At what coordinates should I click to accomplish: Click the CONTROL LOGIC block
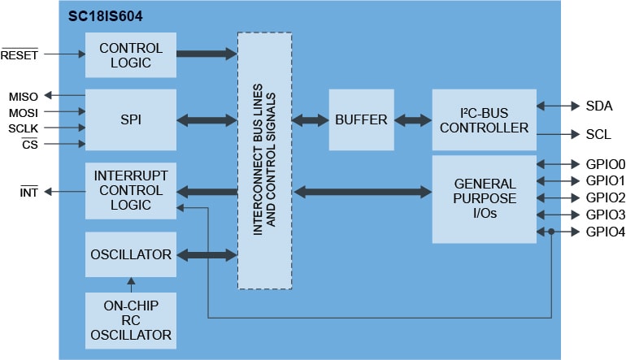pos(130,55)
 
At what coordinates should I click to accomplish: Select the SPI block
pos(130,119)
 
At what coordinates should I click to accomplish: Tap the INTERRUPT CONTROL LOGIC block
pos(130,191)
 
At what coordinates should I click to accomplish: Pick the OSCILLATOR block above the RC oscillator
pos(130,254)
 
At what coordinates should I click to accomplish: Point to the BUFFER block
pos(361,119)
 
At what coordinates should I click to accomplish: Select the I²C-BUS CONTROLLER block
pos(484,119)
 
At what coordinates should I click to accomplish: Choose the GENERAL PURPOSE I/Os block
pos(484,199)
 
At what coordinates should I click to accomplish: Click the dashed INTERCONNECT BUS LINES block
pos(264,160)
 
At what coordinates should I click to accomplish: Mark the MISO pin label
pos(24,96)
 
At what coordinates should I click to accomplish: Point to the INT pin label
pos(30,192)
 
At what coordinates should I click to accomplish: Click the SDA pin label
pos(598,106)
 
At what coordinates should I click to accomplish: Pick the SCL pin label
pos(598,134)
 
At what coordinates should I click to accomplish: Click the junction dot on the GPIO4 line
pos(552,232)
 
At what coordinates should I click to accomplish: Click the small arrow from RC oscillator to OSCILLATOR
pos(130,284)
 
